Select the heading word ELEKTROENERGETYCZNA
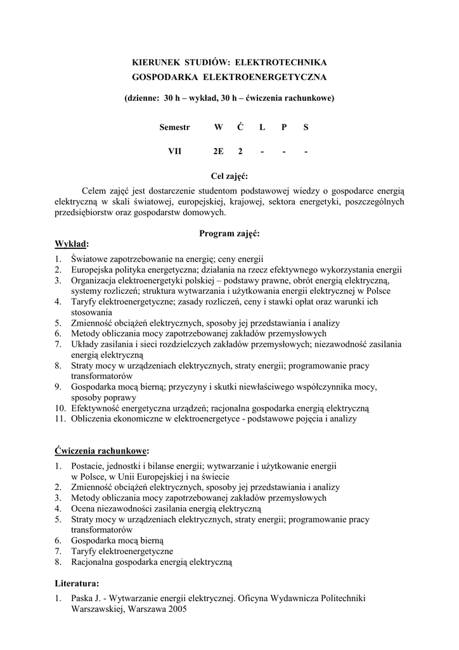point(264,77)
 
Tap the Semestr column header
point(174,127)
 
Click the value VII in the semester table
point(174,151)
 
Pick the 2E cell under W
point(218,151)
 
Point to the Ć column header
point(240,127)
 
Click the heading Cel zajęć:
point(229,175)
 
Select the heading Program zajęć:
point(229,234)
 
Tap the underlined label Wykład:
point(72,244)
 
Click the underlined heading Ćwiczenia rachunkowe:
point(101,451)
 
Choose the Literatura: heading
point(77,582)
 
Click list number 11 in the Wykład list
point(60,419)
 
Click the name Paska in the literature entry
point(82,598)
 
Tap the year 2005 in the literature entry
point(177,609)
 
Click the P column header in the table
point(284,127)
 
